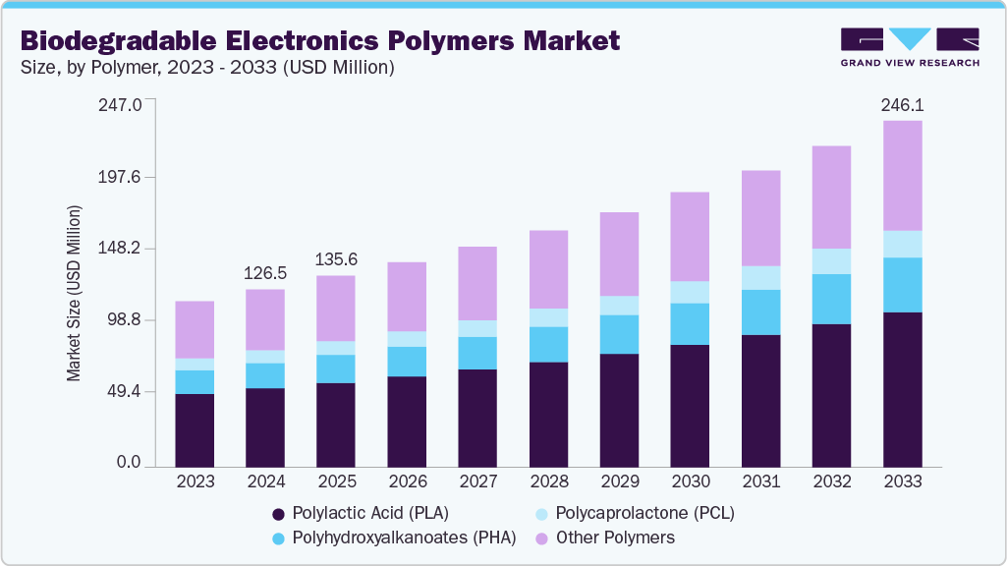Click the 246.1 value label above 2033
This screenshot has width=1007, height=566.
coord(903,104)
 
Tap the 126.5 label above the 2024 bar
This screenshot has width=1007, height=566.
coord(265,273)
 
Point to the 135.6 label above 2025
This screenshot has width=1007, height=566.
coord(336,259)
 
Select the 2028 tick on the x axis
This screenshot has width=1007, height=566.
coord(548,481)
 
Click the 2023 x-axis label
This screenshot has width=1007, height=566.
coord(195,481)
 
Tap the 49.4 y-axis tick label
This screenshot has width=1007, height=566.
coord(125,392)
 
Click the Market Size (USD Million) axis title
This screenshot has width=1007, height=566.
coord(74,293)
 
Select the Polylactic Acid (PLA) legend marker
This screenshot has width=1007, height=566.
coord(279,514)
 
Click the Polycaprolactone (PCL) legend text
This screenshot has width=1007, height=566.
coord(644,513)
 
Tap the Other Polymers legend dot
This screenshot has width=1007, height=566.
coord(539,538)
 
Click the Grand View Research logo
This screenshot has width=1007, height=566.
coord(910,47)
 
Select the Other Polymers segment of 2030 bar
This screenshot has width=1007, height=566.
coord(690,236)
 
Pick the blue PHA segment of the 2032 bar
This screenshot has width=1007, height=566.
coord(831,299)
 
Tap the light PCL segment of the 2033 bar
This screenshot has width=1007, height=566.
coord(903,244)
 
